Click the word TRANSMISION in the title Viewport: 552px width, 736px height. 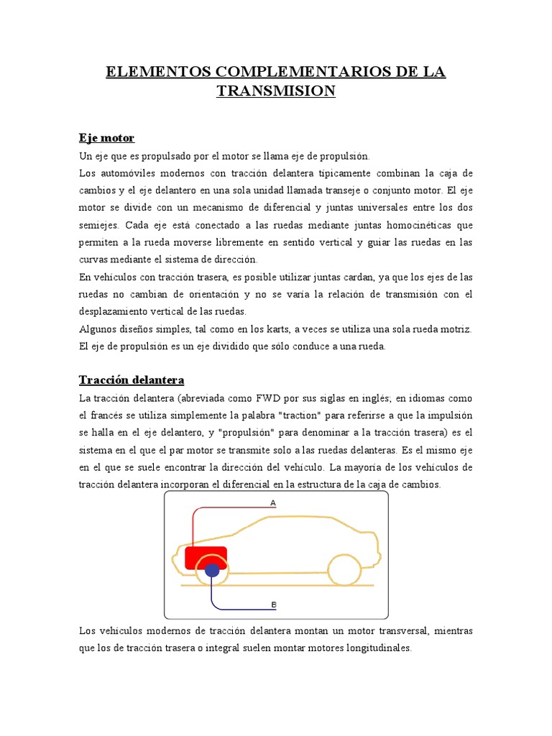(x=276, y=91)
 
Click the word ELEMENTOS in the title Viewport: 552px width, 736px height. (x=147, y=72)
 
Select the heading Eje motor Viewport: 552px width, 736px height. (x=106, y=137)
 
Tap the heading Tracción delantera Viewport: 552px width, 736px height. (x=132, y=379)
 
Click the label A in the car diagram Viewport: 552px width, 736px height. (x=273, y=503)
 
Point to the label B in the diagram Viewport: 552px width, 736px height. (x=273, y=605)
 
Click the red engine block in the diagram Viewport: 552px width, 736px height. (x=206, y=556)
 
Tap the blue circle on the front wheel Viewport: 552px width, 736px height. (x=212, y=571)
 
